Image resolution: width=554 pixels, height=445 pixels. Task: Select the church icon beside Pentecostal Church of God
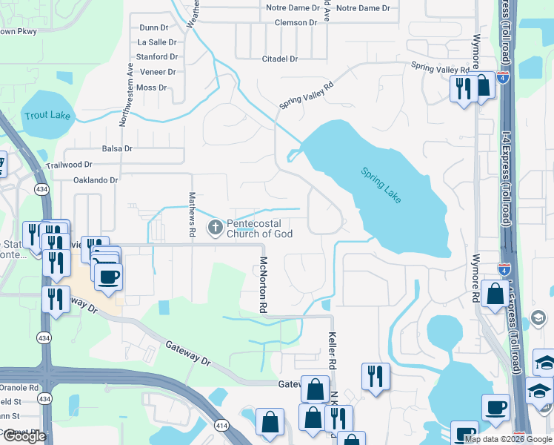pyautogui.click(x=216, y=228)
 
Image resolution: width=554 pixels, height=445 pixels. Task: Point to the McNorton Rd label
pyautogui.click(x=262, y=284)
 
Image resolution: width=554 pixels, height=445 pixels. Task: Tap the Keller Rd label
pyautogui.click(x=333, y=352)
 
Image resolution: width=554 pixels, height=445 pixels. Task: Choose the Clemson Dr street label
pyautogui.click(x=295, y=22)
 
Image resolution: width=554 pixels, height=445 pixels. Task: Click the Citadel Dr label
pyautogui.click(x=280, y=59)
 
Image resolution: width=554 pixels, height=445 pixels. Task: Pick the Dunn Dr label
pyautogui.click(x=153, y=27)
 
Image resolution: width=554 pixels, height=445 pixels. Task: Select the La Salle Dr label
pyautogui.click(x=157, y=42)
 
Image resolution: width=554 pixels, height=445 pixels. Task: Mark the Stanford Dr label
pyautogui.click(x=156, y=56)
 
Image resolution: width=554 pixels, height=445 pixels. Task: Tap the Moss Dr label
pyautogui.click(x=151, y=88)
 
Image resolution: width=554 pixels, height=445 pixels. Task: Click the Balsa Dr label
pyautogui.click(x=117, y=148)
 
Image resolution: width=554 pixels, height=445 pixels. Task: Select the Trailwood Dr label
pyautogui.click(x=69, y=165)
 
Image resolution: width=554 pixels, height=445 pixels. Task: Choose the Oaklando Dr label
pyautogui.click(x=96, y=180)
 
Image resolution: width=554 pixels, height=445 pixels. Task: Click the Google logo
pyautogui.click(x=24, y=436)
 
